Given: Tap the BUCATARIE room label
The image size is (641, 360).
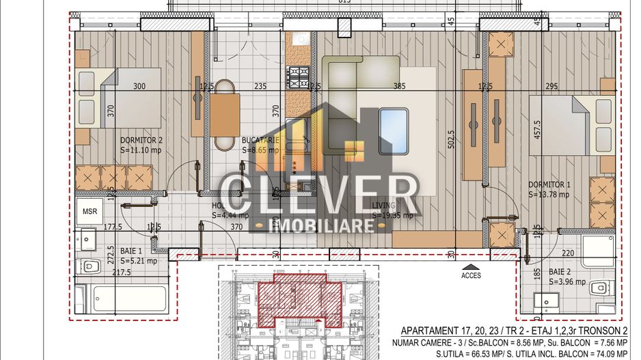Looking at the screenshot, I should pyautogui.click(x=260, y=140).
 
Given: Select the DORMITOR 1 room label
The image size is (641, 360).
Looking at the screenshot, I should pyautogui.click(x=549, y=184).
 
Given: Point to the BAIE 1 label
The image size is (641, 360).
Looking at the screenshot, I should pyautogui.click(x=132, y=251).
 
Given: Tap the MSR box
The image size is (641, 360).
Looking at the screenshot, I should pyautogui.click(x=90, y=211).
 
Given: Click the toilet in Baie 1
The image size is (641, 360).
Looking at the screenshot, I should pyautogui.click(x=87, y=266).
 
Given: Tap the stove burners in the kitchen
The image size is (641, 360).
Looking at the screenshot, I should pyautogui.click(x=299, y=77).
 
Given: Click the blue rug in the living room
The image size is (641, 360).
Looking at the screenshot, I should pyautogui.click(x=394, y=130).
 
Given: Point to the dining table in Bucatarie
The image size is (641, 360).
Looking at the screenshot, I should pyautogui.click(x=225, y=114).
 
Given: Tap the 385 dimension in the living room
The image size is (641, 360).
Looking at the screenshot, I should pyautogui.click(x=400, y=86).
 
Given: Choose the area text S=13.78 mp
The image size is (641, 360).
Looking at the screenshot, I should pyautogui.click(x=548, y=194).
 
